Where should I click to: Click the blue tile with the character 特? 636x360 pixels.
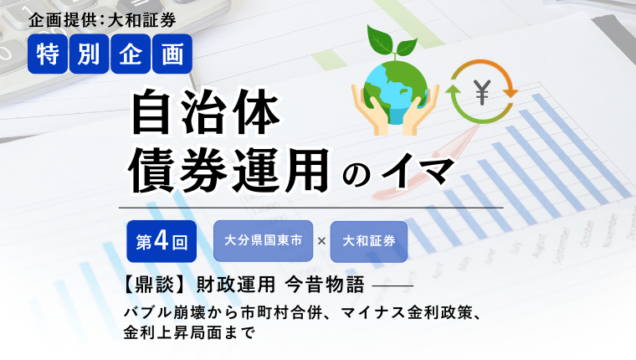pos(48,54)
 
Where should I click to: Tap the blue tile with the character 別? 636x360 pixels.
pos(90,54)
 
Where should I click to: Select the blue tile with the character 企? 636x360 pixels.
pos(131,54)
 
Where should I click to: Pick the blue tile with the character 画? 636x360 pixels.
pos(172,54)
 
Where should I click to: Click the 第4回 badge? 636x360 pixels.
pos(162,241)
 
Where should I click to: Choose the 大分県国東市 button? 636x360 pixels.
pos(264,241)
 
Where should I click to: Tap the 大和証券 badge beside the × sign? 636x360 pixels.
pos(369,241)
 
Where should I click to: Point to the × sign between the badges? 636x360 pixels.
pos(321,241)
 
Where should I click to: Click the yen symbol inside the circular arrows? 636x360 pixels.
pos(482,92)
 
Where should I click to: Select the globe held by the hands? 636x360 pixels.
pos(396,91)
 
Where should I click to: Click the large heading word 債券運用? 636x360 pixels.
pos(230,170)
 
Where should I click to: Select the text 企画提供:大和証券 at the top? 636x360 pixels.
pos(102,20)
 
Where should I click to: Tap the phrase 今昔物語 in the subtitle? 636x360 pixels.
pos(325,285)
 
